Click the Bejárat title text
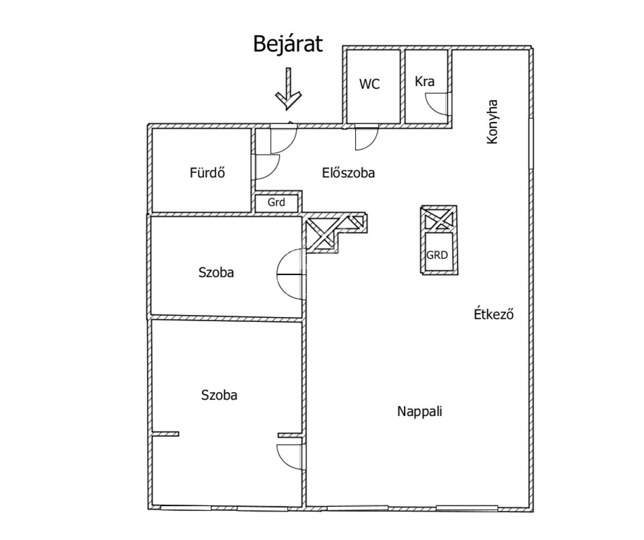tap(288, 44)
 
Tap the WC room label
tap(370, 84)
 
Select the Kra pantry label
tap(424, 81)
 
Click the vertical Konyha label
tap(493, 122)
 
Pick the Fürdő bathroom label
tap(207, 173)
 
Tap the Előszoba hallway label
tap(348, 173)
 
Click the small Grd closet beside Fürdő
tap(276, 202)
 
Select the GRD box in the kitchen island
tap(437, 255)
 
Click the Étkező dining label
tap(493, 315)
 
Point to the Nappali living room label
tap(420, 411)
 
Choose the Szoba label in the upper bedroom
tap(216, 272)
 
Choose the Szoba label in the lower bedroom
tap(219, 395)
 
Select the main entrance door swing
tap(283, 138)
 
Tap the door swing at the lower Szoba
tap(290, 456)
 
